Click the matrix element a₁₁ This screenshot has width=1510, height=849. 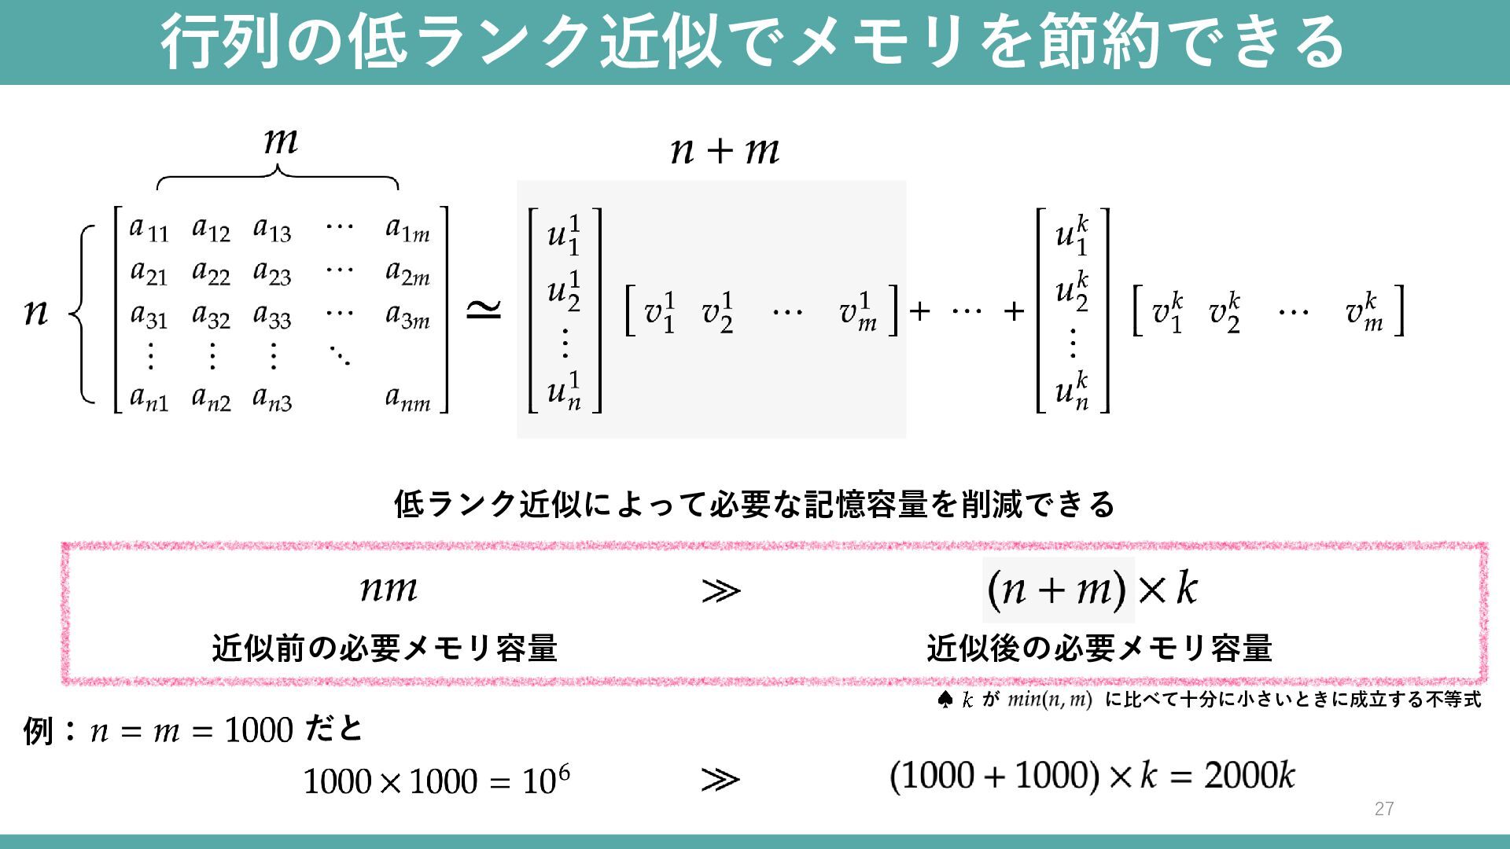click(149, 229)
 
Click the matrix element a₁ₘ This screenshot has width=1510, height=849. click(407, 229)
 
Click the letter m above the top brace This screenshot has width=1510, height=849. click(281, 141)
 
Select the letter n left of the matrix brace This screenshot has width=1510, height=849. click(36, 312)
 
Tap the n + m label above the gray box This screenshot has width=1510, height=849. click(724, 150)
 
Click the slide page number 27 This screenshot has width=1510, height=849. click(1384, 809)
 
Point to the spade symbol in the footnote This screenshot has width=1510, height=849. click(945, 700)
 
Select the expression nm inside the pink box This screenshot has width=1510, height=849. click(389, 588)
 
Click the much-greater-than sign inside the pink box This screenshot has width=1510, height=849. click(720, 590)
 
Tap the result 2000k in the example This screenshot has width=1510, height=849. click(1249, 776)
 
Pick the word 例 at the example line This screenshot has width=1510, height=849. click(39, 731)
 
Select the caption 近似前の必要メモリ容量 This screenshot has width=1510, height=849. click(385, 649)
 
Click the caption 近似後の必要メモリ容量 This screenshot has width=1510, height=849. click(1099, 649)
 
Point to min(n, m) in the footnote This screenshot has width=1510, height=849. click(1049, 700)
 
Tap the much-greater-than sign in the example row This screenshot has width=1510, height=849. click(720, 780)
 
